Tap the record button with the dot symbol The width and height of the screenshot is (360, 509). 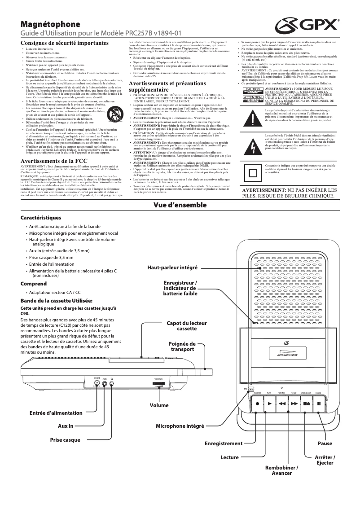coord(257,403)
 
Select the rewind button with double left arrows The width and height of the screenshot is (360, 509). coord(281,403)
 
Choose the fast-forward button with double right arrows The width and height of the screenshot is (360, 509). coord(294,403)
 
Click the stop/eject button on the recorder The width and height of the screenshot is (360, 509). coord(306,403)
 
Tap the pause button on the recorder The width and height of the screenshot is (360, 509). coord(319,403)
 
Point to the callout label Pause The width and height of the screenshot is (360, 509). coord(325,443)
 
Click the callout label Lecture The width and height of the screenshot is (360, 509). coord(229,457)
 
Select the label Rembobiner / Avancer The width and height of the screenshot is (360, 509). coord(281,470)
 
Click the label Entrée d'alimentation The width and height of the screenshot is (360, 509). coord(56,412)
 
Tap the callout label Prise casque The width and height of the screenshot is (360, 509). coord(65,439)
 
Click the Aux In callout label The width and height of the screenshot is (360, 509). coord(65,426)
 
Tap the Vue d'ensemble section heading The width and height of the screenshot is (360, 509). coord(180,205)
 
